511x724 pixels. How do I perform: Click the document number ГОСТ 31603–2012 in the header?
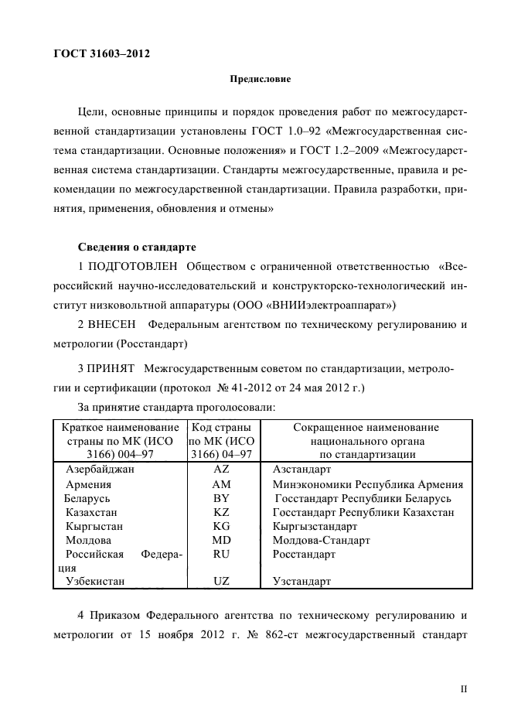[101, 54]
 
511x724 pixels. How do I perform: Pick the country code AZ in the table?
[220, 470]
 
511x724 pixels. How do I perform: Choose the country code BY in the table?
[220, 498]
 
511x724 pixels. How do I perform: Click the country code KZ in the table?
[220, 512]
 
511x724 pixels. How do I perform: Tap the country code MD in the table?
[220, 540]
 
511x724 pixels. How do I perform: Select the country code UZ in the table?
[220, 581]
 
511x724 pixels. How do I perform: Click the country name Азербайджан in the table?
[100, 470]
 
